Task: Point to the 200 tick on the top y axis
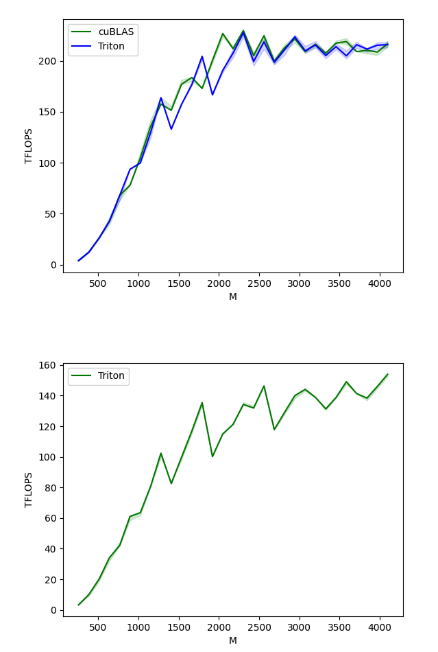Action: (x=49, y=61)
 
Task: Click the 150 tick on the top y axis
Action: (x=49, y=112)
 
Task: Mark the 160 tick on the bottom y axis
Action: (x=49, y=365)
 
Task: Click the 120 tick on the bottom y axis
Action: (x=49, y=426)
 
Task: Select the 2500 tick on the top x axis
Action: (x=300, y=283)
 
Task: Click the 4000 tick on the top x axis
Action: (x=380, y=283)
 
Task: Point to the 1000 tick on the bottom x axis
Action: (x=138, y=627)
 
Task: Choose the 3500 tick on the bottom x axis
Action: (x=339, y=627)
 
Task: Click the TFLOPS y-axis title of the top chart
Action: (x=29, y=145)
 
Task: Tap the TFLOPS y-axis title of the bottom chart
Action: (x=29, y=489)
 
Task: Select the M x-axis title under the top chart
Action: (x=233, y=296)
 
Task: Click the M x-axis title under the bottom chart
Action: (x=233, y=640)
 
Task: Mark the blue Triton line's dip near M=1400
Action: (x=171, y=129)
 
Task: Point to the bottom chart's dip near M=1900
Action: (x=212, y=456)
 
